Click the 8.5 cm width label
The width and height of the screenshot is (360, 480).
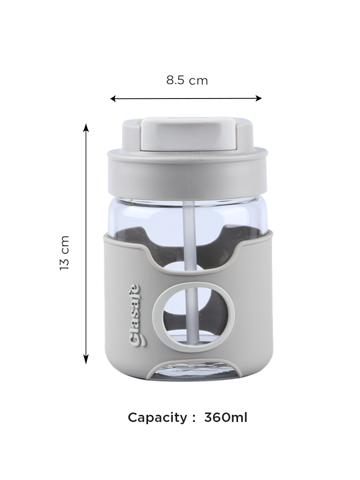[187, 81]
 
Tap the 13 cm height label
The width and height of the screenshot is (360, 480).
[65, 253]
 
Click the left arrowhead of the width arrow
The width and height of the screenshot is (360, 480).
[113, 98]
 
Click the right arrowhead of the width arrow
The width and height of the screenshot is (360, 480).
[259, 98]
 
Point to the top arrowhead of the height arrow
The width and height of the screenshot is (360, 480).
[86, 127]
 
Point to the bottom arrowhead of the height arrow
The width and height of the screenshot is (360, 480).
[86, 360]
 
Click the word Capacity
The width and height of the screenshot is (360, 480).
[157, 418]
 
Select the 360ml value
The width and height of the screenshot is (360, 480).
[225, 417]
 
